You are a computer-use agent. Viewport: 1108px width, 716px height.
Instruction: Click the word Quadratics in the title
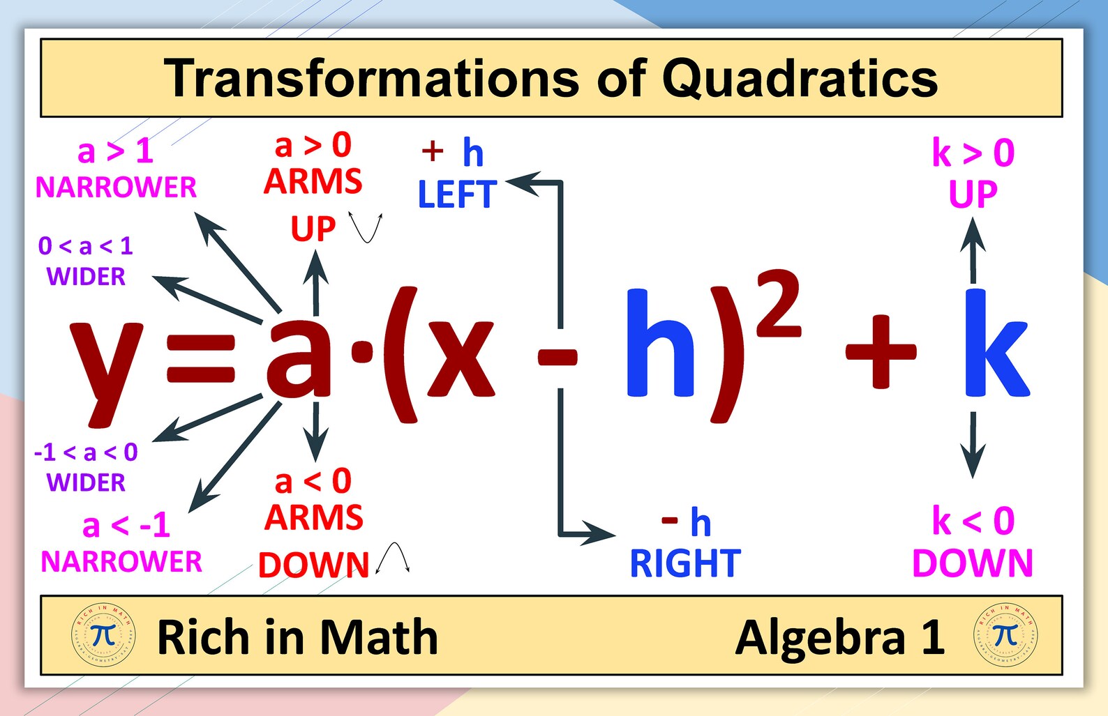tap(800, 78)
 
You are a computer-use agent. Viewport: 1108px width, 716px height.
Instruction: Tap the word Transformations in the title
tap(371, 78)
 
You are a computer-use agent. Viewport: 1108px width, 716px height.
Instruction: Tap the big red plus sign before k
tap(880, 351)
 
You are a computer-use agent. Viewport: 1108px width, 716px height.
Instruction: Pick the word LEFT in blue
tap(457, 195)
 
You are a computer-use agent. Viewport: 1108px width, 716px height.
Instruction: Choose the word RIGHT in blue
tap(684, 563)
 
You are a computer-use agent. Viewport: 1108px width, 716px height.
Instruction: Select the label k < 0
tap(973, 521)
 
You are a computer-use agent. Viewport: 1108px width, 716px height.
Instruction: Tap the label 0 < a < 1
tap(86, 245)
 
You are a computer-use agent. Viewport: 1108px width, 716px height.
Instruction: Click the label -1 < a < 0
tap(86, 452)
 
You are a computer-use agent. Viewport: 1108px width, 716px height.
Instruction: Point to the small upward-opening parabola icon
tap(367, 227)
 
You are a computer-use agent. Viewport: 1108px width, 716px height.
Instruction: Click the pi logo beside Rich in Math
tap(103, 636)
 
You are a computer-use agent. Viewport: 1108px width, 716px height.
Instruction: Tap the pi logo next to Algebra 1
tap(1005, 636)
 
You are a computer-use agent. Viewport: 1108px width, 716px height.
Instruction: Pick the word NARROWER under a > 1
tap(116, 187)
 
